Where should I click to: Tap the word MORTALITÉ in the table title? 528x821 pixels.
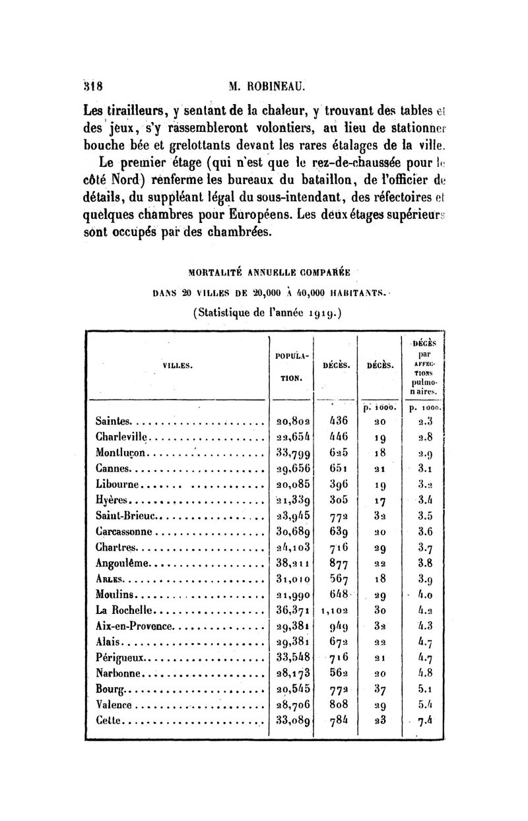pyautogui.click(x=214, y=270)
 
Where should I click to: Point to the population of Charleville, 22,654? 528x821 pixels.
pyautogui.click(x=294, y=436)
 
